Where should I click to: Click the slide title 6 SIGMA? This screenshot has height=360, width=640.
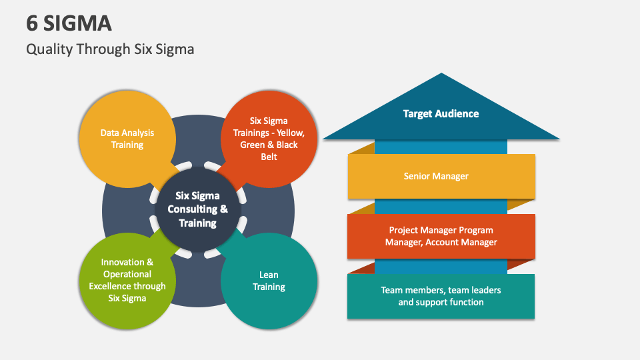click(69, 23)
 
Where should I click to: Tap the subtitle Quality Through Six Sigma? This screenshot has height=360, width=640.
click(110, 49)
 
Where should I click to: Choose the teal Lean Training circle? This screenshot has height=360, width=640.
click(269, 281)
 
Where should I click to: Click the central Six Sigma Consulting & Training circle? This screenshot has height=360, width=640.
click(197, 209)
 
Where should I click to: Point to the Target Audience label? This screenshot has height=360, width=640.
click(441, 113)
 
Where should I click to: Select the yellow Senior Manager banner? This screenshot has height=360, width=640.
click(441, 177)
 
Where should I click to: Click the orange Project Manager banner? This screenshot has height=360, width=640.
click(441, 236)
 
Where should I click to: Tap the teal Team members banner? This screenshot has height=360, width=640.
click(441, 296)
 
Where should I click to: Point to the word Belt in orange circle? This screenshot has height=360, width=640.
click(269, 157)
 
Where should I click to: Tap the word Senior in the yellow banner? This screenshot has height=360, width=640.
click(418, 177)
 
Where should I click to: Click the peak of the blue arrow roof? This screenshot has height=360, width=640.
click(441, 75)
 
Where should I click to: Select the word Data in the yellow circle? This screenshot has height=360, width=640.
click(111, 133)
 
